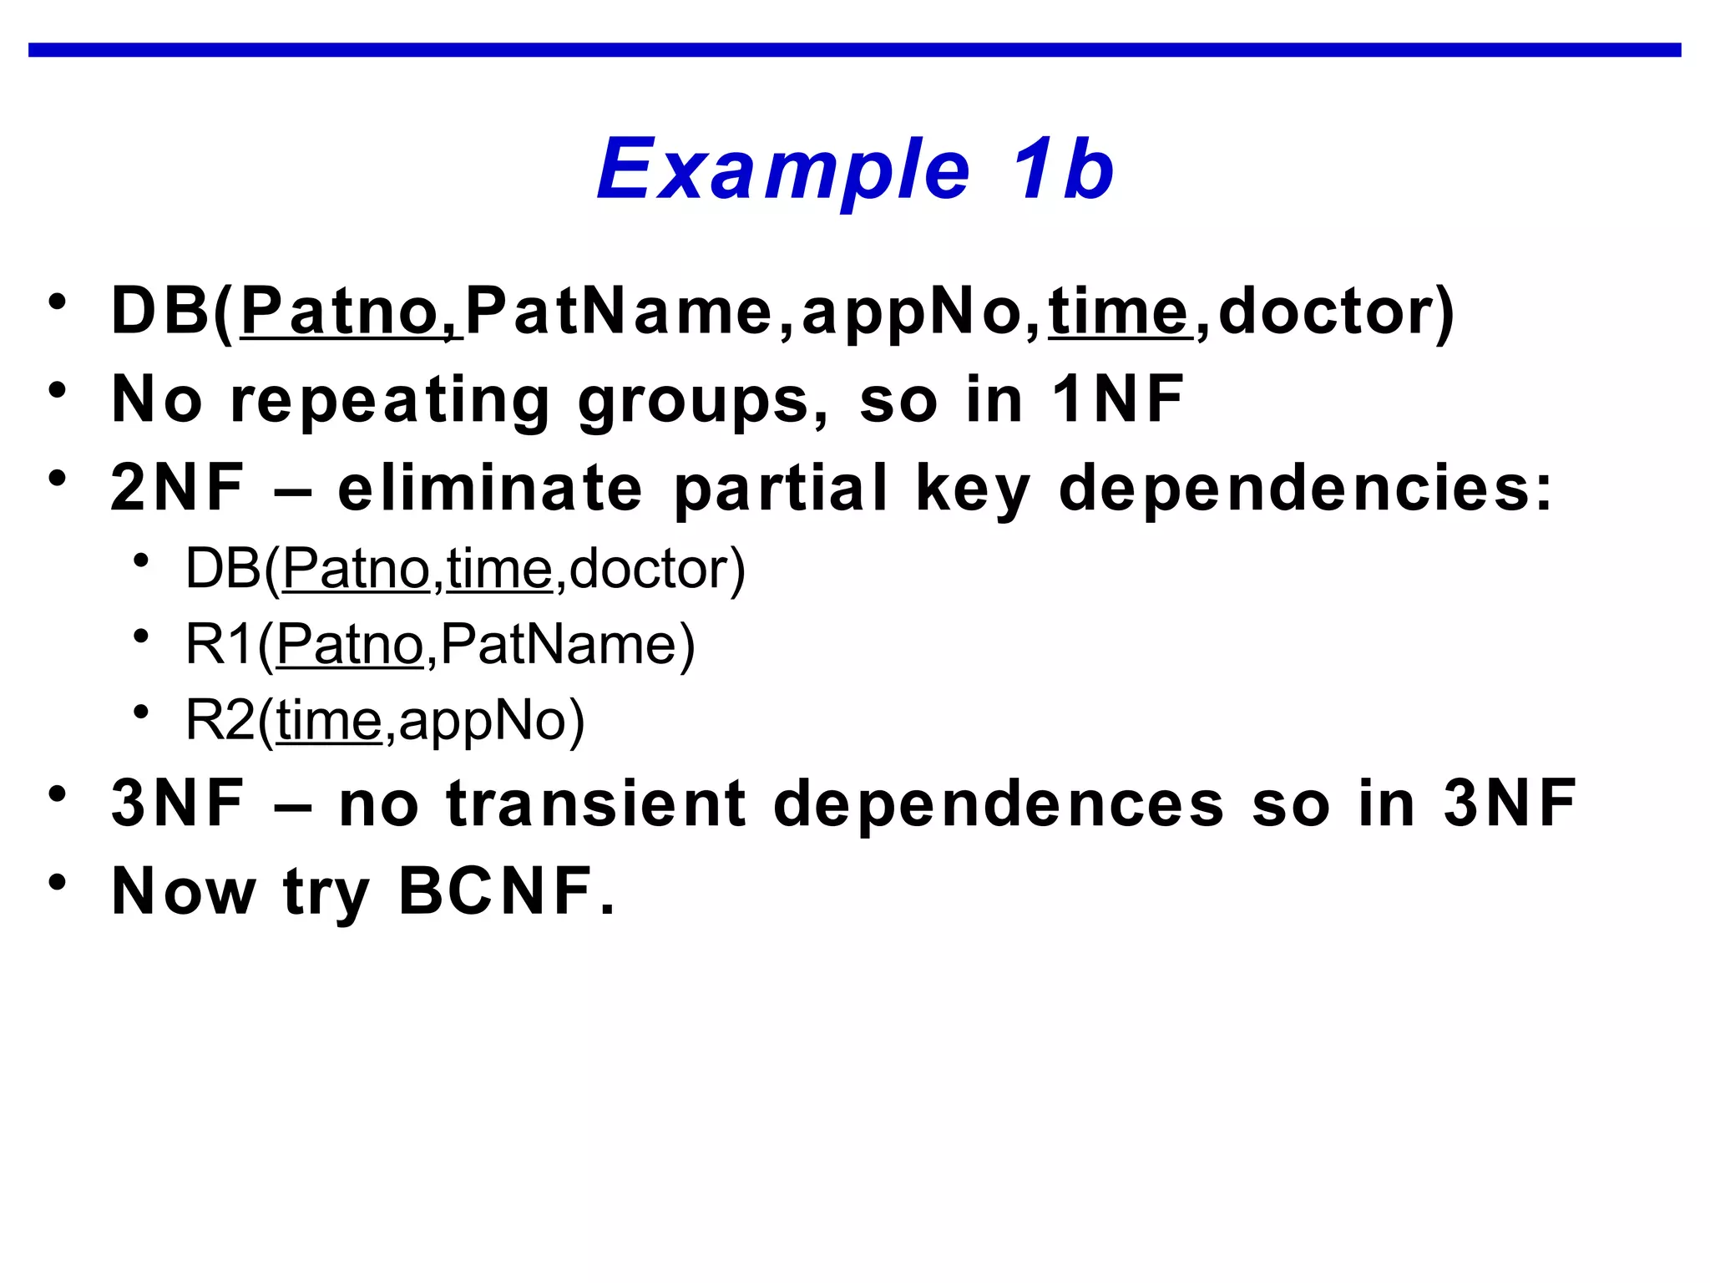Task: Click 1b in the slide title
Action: [x=1062, y=170]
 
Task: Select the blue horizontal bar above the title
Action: [x=855, y=50]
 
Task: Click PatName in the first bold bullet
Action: [x=619, y=312]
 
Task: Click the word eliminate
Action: [x=490, y=489]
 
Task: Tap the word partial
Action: [x=781, y=489]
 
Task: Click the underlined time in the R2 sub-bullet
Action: [x=329, y=720]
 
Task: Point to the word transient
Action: [x=596, y=804]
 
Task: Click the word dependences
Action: [x=999, y=804]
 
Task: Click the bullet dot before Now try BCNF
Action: [x=57, y=883]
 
